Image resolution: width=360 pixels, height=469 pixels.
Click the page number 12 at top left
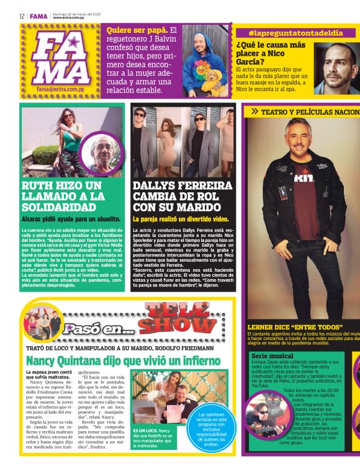coord(21,16)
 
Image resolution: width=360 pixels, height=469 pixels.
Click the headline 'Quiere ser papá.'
coord(137,30)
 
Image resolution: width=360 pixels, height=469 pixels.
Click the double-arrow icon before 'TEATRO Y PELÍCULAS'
coord(254,112)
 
